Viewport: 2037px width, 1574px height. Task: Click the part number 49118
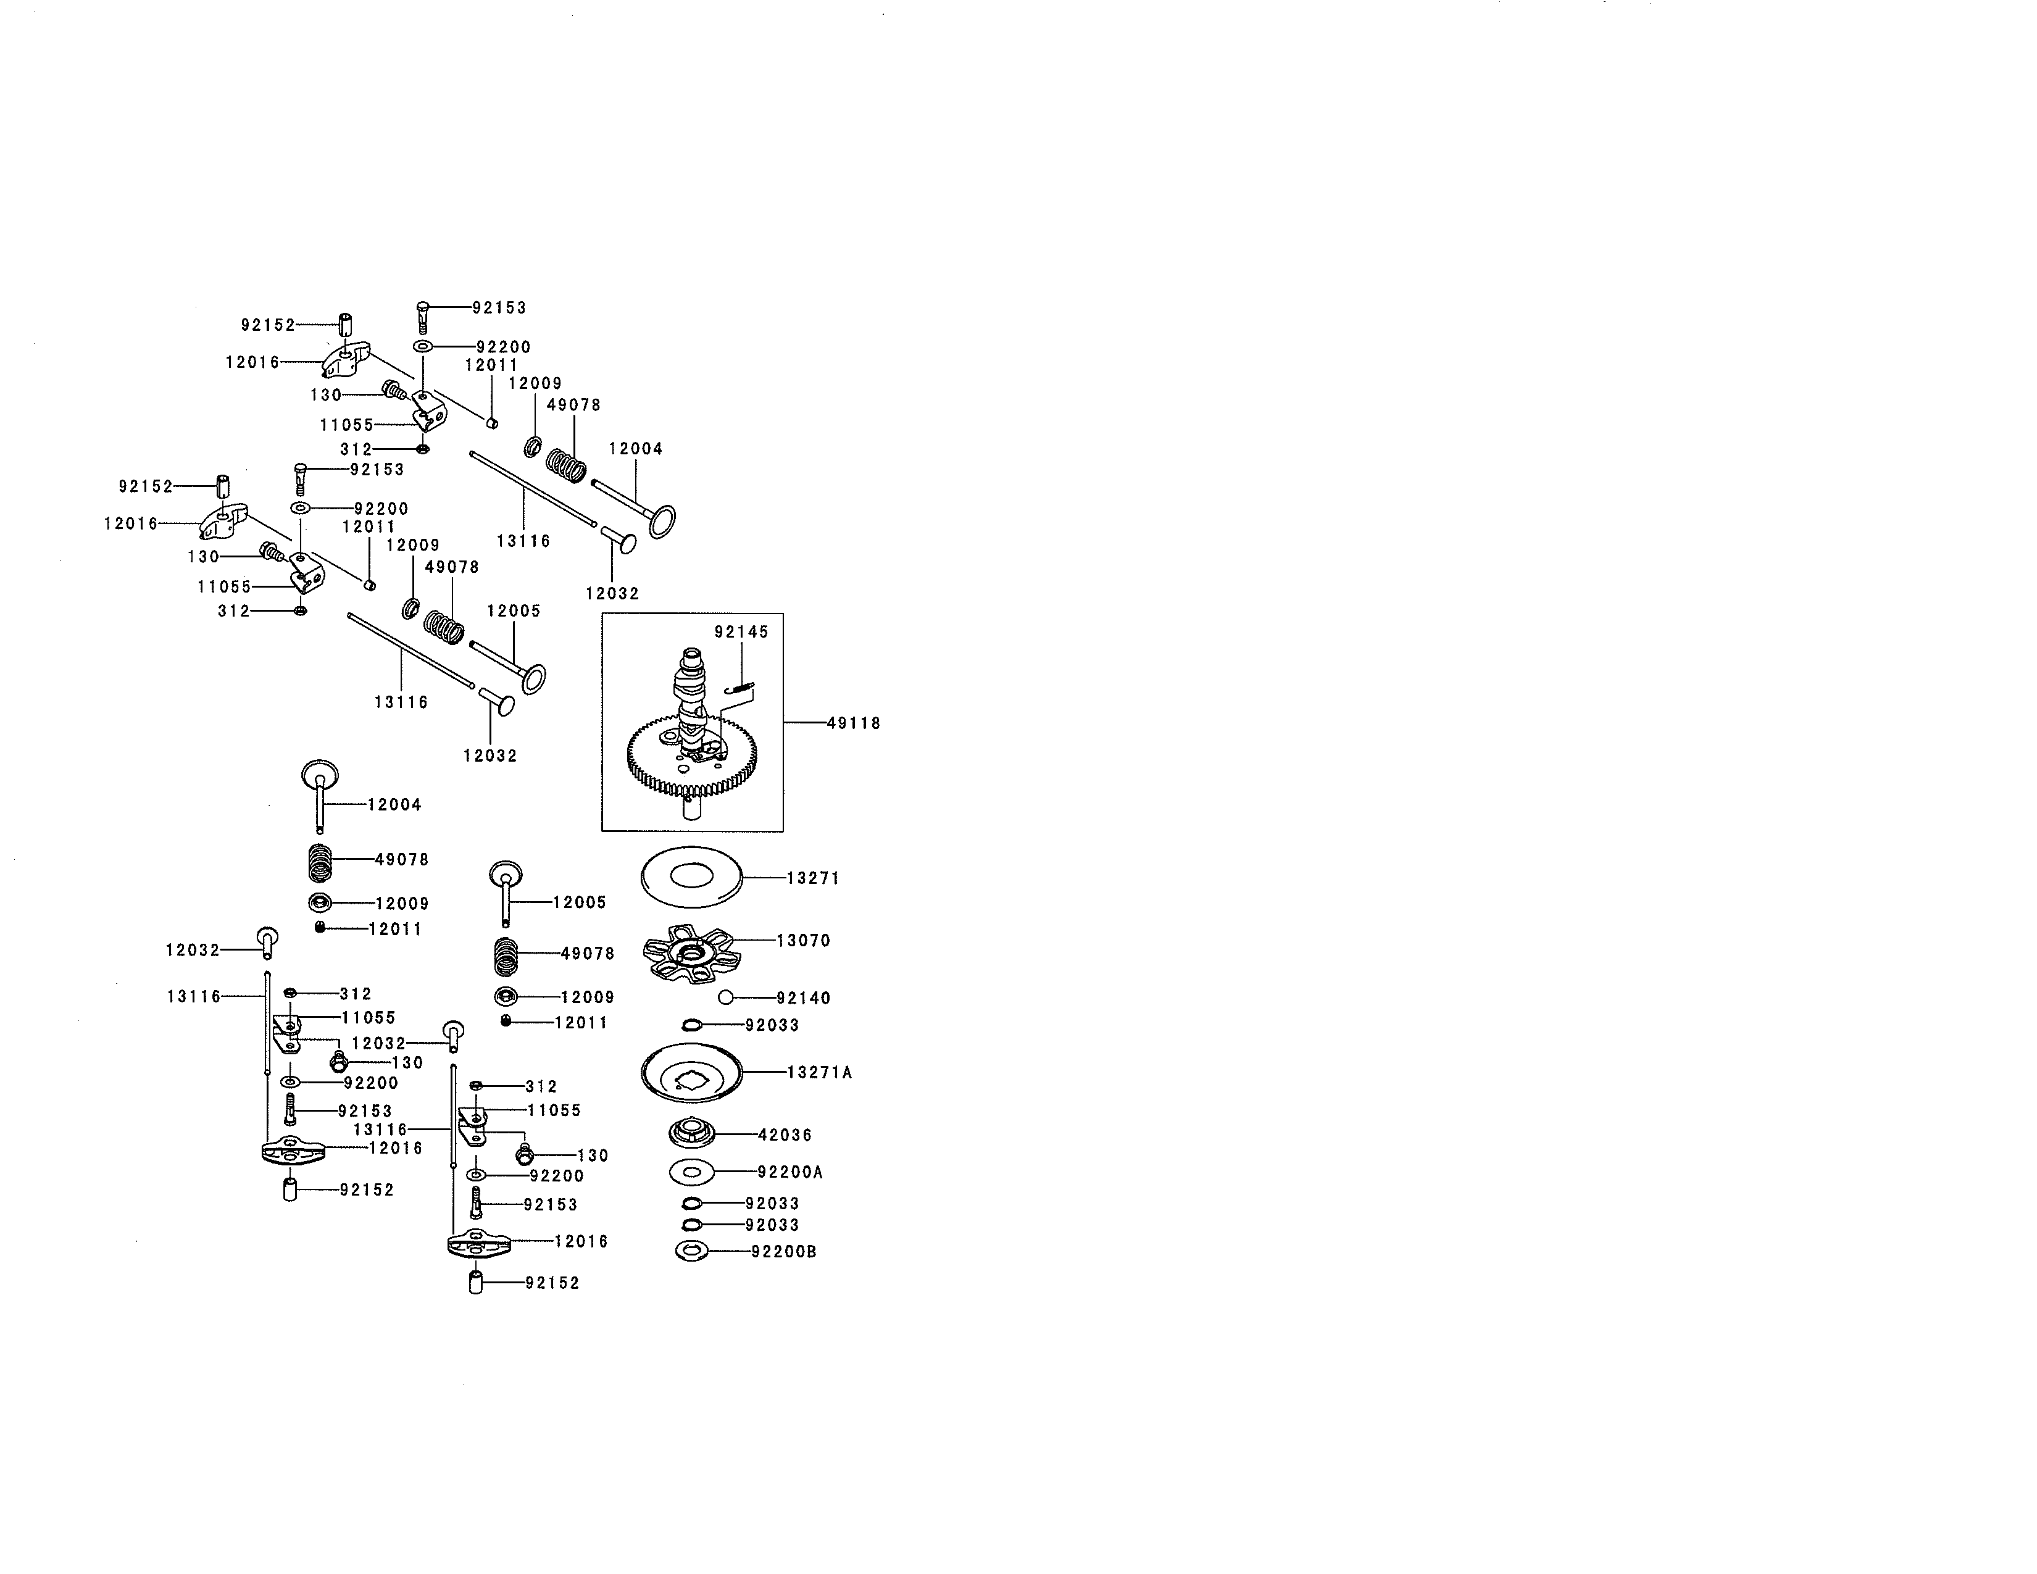point(854,723)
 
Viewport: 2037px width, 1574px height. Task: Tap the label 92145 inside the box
point(741,632)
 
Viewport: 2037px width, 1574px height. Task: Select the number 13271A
point(820,1072)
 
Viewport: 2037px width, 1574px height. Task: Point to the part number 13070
point(804,941)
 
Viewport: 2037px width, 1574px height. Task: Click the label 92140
point(804,999)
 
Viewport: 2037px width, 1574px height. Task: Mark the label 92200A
point(791,1172)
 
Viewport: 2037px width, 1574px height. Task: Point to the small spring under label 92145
point(739,689)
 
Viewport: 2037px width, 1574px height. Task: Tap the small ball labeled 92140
point(726,997)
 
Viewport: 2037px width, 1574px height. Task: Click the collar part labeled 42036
point(692,1135)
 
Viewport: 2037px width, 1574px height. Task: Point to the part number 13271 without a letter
point(814,878)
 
